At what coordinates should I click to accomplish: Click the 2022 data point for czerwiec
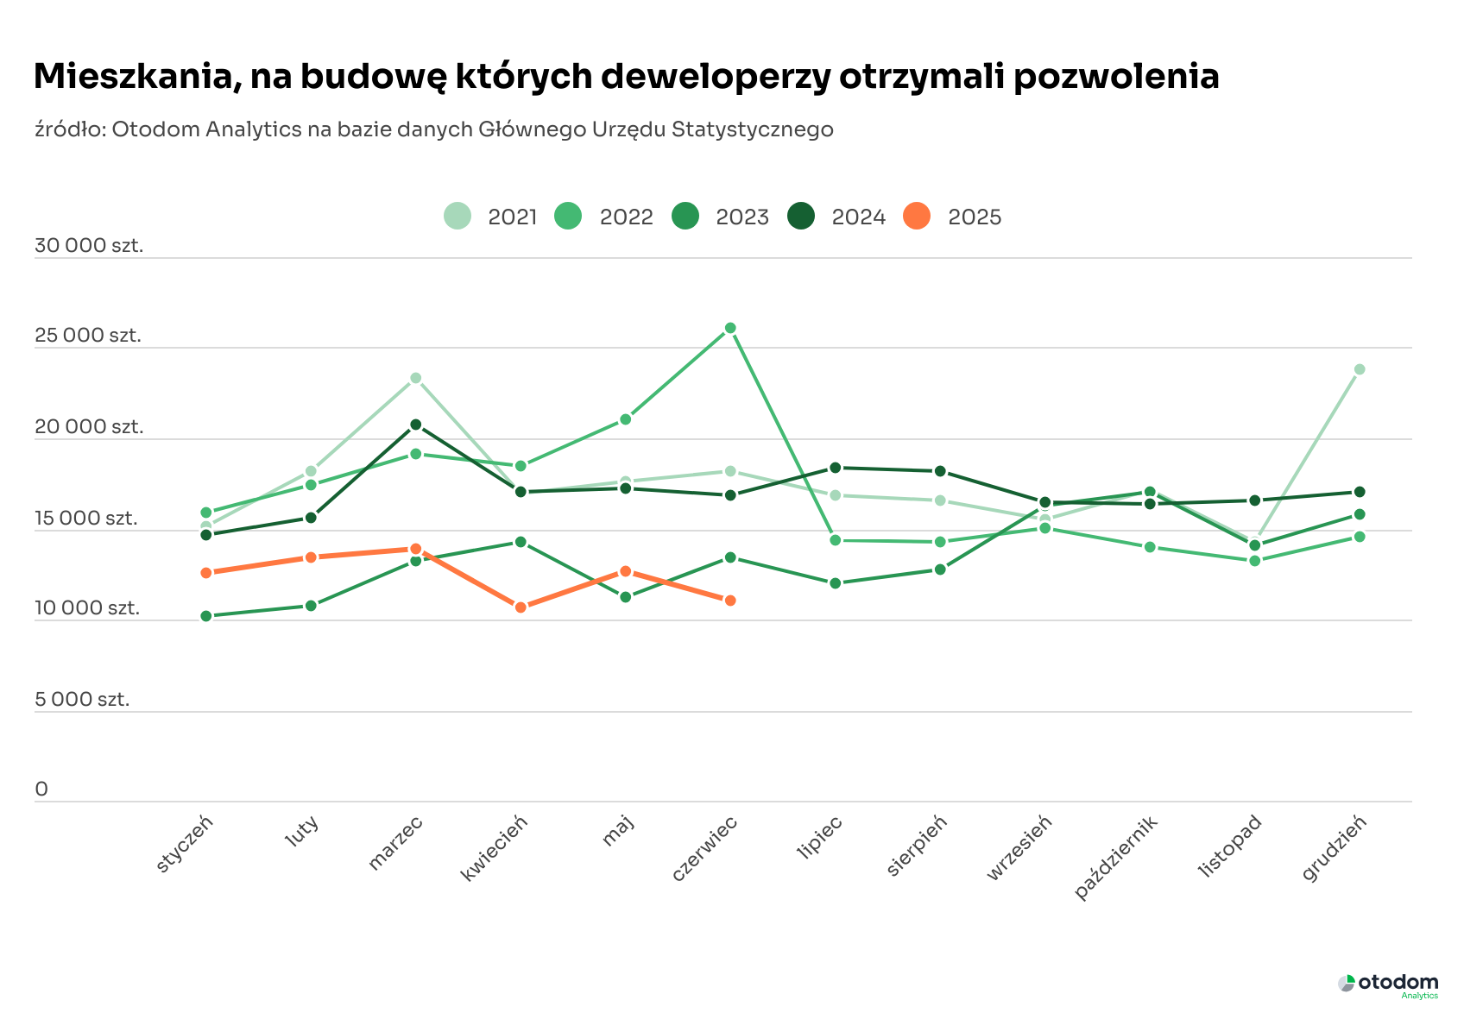[730, 328]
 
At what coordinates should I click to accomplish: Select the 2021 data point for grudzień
[1360, 369]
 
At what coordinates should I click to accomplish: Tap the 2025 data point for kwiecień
[521, 607]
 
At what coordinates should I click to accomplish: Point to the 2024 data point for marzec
[416, 425]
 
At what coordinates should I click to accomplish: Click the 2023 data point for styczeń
[206, 616]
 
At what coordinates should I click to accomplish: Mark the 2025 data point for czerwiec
[730, 601]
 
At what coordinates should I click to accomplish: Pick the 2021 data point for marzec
[416, 378]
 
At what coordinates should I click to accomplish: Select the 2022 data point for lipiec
[836, 540]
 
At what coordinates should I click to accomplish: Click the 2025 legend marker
[917, 216]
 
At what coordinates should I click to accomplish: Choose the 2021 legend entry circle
[457, 216]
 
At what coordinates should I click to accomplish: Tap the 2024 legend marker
[801, 216]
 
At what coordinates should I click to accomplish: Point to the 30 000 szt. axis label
[89, 246]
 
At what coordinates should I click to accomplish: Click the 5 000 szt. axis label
[82, 700]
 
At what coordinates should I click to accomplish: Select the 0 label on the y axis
[41, 790]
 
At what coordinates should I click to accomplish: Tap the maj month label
[619, 832]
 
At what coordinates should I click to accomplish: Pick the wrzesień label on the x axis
[1020, 848]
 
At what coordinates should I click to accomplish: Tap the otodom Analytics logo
[1389, 985]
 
